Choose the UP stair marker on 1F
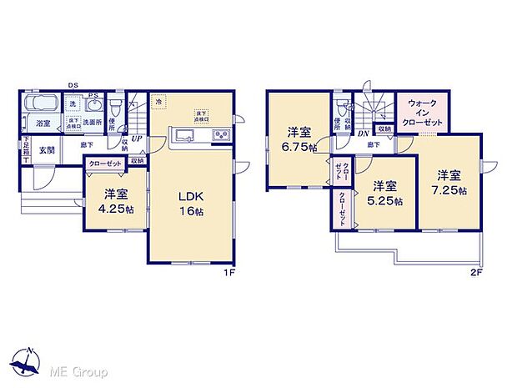135,139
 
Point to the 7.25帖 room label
449,182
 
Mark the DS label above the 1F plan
73,84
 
